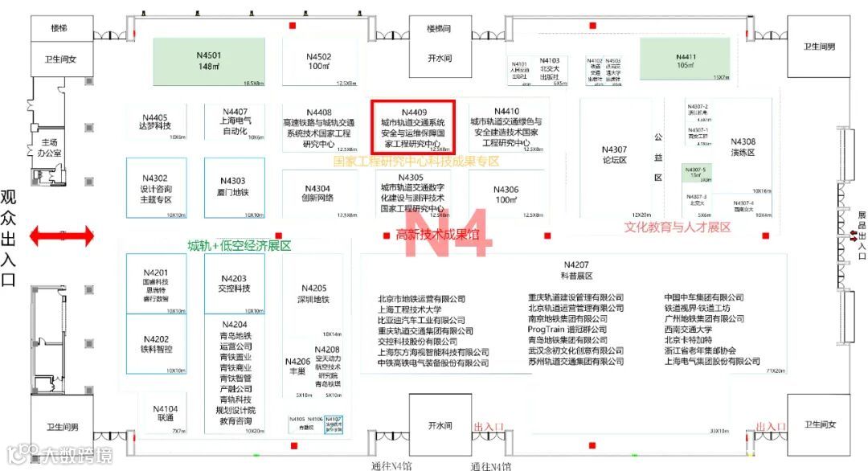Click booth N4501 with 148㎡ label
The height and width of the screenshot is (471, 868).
click(x=209, y=61)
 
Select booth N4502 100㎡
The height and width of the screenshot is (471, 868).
click(x=318, y=61)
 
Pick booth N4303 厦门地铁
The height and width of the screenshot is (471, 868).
click(x=234, y=187)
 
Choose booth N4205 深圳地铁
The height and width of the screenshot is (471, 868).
click(x=313, y=293)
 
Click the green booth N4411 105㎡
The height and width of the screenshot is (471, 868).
click(x=685, y=60)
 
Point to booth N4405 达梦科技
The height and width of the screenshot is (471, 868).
click(x=154, y=122)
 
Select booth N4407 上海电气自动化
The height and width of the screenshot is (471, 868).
click(x=235, y=122)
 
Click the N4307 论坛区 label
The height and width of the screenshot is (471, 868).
click(x=614, y=154)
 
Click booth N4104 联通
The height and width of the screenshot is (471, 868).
click(x=165, y=413)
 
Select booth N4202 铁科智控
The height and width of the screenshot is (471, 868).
click(x=155, y=344)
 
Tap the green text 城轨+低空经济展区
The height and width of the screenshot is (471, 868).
click(x=239, y=245)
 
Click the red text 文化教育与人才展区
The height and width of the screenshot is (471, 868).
click(x=678, y=227)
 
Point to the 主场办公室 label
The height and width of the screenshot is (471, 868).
click(x=50, y=148)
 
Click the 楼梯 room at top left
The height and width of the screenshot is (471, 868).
click(x=59, y=28)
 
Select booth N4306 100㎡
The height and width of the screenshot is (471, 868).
click(x=506, y=195)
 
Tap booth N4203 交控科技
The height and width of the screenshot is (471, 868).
click(x=234, y=283)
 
